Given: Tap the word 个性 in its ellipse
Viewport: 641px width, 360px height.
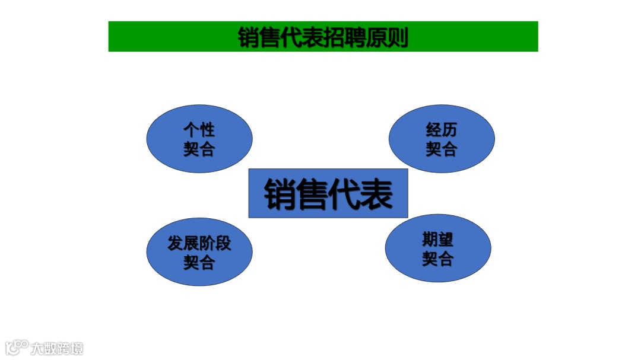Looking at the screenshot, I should pos(199,130).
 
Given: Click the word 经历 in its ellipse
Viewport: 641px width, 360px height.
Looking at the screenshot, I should pos(442,130).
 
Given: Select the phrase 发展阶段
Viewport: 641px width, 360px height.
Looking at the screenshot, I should pos(199,243).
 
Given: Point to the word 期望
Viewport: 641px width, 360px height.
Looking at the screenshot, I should pos(438,240).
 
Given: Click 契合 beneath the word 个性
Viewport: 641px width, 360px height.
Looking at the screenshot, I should pos(199,149).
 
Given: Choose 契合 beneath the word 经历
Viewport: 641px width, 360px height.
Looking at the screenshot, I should pos(442,149).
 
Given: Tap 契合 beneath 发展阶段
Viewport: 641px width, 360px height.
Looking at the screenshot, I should pos(199,262).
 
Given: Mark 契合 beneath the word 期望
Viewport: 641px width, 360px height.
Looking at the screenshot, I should pos(438,259).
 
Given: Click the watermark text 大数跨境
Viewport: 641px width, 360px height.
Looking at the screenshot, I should pos(58,348).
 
